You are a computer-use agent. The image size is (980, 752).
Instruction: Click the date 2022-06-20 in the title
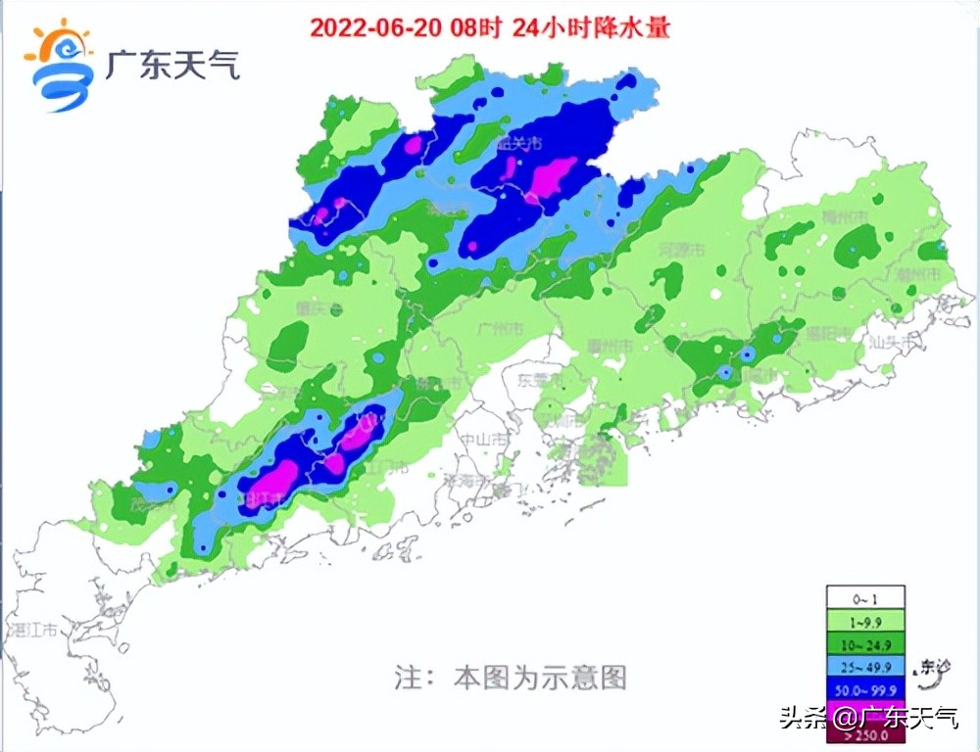click(x=376, y=26)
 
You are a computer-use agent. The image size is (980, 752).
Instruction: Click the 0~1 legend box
click(x=864, y=597)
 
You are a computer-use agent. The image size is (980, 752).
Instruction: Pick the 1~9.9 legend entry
click(x=864, y=621)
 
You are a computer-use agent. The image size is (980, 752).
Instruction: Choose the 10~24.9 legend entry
click(x=864, y=644)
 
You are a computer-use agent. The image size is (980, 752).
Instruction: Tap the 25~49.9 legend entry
click(x=864, y=668)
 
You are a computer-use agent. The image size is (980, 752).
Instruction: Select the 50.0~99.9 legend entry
click(x=864, y=690)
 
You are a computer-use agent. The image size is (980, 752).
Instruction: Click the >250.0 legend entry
click(x=864, y=735)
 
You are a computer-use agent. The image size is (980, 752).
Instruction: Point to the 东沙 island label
click(x=935, y=668)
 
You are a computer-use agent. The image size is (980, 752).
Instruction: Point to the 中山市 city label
click(x=487, y=440)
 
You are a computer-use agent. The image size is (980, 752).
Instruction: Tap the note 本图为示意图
click(x=510, y=677)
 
